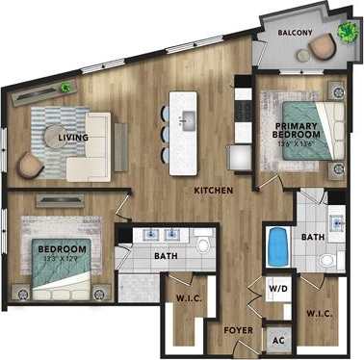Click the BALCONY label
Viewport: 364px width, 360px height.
point(294,32)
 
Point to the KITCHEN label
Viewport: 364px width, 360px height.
point(214,191)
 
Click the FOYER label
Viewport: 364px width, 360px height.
point(238,329)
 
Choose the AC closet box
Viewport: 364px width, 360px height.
point(278,339)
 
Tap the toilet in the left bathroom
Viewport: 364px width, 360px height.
point(203,244)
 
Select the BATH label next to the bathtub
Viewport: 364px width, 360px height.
point(312,236)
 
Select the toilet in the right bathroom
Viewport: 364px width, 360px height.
point(326,261)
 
